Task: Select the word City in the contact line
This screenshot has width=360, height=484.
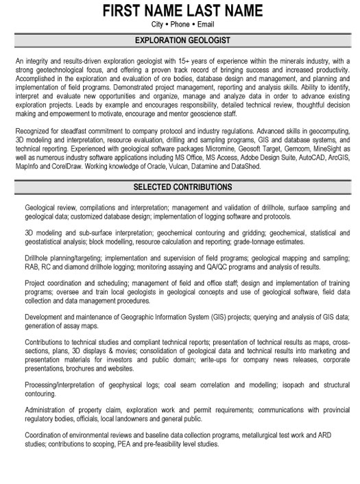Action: (152, 25)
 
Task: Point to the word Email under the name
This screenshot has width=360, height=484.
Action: (207, 25)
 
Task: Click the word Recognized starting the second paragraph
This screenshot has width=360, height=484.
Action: (32, 130)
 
